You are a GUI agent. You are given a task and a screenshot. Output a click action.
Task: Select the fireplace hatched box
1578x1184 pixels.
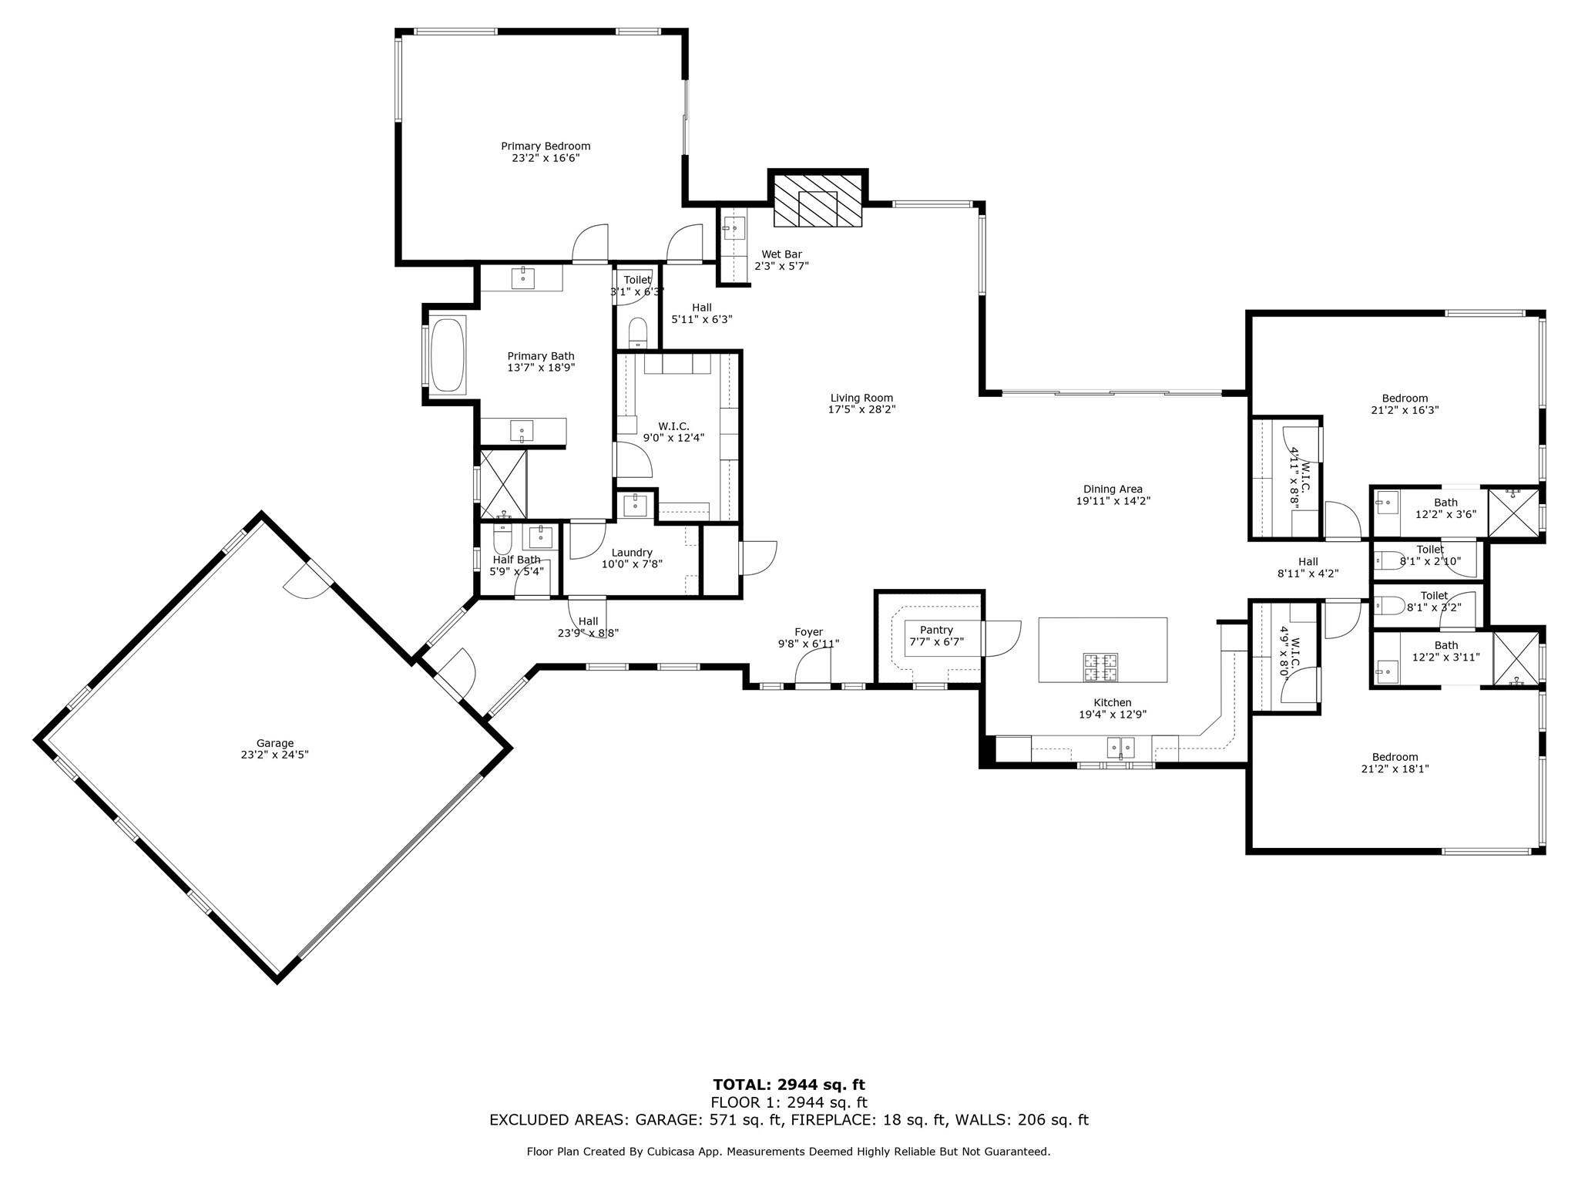(818, 200)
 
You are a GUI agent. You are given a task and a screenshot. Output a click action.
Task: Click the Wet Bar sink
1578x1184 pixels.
(734, 228)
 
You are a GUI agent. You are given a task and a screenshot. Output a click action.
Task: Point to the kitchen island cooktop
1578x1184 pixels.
(1101, 668)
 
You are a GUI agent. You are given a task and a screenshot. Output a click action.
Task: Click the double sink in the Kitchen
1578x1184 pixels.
(1121, 748)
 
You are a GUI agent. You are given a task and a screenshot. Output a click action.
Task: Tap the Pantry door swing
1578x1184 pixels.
(1002, 638)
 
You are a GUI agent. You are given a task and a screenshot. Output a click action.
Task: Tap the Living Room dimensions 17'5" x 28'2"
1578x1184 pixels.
(861, 409)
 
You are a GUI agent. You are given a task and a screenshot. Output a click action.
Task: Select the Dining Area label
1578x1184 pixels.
(1113, 489)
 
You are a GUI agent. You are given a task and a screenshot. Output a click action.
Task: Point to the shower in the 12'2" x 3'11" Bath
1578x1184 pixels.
(1516, 658)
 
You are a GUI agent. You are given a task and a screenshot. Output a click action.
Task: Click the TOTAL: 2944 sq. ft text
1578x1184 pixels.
(789, 1085)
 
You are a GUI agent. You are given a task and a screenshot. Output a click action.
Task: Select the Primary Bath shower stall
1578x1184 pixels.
(504, 484)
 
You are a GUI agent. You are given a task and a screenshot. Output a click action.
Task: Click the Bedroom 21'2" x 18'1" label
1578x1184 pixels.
(1395, 762)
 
